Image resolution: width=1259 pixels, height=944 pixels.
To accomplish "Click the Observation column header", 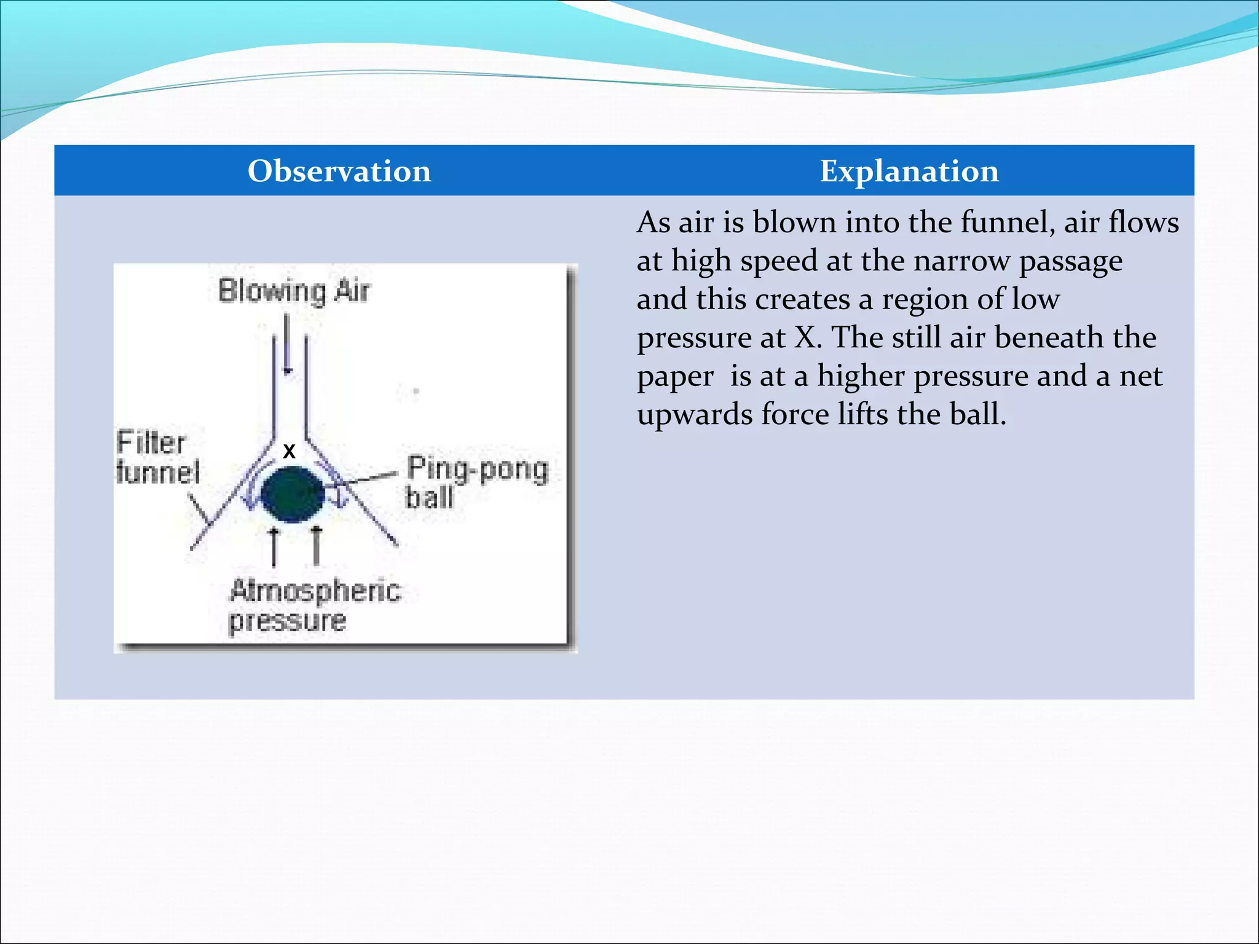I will (339, 171).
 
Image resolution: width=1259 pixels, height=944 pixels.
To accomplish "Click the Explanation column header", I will (909, 171).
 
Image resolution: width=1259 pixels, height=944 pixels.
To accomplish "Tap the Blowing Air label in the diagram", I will (294, 291).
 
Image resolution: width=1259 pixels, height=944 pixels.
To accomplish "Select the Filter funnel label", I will (157, 457).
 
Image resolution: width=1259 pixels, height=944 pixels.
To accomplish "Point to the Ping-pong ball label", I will (476, 482).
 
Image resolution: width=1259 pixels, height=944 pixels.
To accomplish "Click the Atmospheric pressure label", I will (314, 605).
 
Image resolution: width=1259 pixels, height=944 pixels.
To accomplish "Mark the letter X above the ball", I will (289, 451).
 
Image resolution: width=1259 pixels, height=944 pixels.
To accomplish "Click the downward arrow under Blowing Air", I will (287, 344).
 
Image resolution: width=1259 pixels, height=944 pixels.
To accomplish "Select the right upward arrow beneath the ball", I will (316, 545).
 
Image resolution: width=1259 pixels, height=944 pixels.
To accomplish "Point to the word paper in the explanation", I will (675, 377).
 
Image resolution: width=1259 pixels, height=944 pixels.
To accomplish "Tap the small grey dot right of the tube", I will (416, 391).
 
